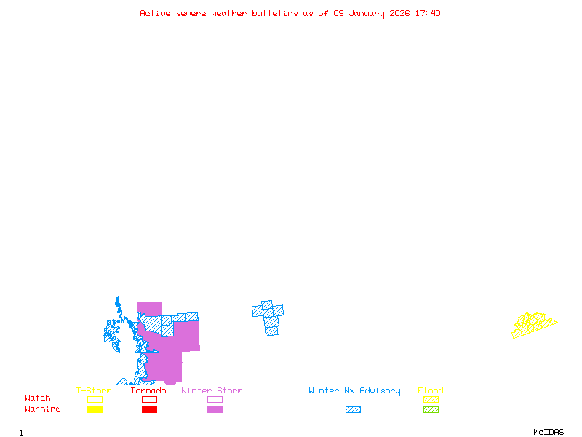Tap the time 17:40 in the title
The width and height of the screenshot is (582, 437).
[428, 13]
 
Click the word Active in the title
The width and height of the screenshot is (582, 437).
[156, 13]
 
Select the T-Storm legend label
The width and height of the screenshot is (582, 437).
[94, 391]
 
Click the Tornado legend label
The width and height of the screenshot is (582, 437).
[148, 391]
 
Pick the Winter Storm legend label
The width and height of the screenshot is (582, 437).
[212, 391]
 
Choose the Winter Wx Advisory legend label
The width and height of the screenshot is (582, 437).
[354, 391]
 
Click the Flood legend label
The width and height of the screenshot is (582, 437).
[431, 391]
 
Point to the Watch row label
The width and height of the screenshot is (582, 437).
[38, 398]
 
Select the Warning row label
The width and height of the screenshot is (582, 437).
[43, 409]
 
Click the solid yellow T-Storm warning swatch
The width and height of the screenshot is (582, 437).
[95, 410]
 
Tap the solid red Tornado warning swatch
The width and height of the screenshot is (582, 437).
[149, 410]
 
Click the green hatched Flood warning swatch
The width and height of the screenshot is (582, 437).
[431, 410]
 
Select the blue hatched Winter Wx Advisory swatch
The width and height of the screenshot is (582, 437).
[353, 410]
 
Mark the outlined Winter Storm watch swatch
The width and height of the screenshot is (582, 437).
[215, 399]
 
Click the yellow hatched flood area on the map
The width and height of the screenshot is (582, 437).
[533, 325]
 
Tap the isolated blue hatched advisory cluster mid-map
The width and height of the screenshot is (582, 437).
[269, 317]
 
